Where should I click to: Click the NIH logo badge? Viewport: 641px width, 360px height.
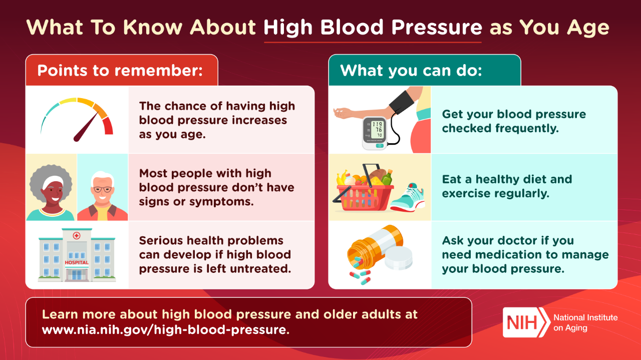click(526, 322)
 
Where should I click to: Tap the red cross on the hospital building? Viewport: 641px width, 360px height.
click(77, 236)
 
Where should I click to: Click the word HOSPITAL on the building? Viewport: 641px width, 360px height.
click(77, 262)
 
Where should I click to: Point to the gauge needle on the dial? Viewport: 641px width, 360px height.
click(86, 127)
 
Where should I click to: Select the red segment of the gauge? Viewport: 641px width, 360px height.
click(108, 126)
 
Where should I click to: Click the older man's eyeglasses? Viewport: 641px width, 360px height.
click(103, 189)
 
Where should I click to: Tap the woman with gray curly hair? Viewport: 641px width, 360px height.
click(51, 192)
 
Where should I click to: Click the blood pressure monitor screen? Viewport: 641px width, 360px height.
click(377, 129)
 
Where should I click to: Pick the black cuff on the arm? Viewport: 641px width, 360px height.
click(402, 103)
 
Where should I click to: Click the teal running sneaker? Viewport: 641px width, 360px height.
click(408, 198)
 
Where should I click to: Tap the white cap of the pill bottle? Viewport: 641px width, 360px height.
click(399, 258)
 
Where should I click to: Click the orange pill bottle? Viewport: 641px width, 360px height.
click(375, 247)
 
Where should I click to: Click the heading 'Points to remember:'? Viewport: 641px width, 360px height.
click(120, 71)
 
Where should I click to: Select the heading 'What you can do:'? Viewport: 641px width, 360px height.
click(411, 71)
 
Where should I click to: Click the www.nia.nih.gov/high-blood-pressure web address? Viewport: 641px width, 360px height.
click(166, 329)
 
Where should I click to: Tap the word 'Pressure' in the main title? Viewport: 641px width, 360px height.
click(437, 27)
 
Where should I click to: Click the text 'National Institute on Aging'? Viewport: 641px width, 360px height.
click(585, 322)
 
